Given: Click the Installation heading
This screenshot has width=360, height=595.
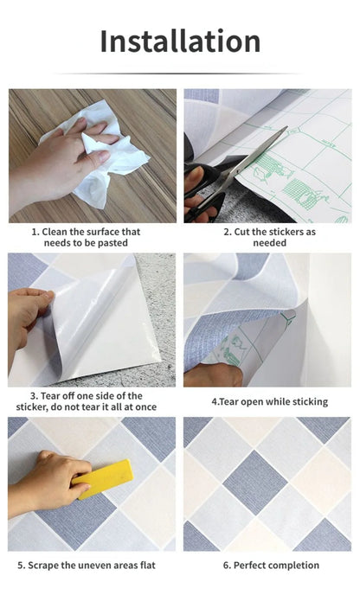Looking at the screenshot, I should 180,41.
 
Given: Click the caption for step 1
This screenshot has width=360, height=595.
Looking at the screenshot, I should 92,238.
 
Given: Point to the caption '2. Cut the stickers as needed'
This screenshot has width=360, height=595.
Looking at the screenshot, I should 269,238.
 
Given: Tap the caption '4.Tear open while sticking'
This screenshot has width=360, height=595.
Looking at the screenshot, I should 269,401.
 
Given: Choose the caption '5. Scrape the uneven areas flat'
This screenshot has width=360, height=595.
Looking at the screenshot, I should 92,566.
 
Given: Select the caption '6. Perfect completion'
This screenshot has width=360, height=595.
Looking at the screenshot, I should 270,566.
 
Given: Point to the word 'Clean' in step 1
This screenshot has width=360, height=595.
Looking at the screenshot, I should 58,232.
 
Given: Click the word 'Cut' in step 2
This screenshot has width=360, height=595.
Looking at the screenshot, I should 242,232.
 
